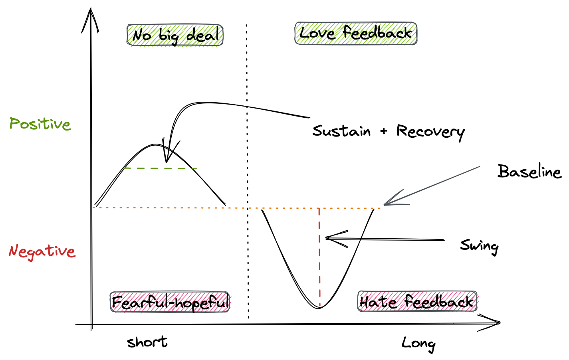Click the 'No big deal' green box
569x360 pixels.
175,35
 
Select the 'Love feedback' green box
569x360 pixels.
355,33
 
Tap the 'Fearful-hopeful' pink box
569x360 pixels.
170,302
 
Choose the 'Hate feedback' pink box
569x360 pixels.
417,301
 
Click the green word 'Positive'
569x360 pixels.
40,124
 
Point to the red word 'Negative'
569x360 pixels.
42,251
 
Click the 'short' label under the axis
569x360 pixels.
147,342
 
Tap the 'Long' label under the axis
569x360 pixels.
418,343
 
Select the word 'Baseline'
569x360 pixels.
529,172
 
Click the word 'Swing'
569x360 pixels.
479,246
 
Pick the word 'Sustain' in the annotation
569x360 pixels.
341,131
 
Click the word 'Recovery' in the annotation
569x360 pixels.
430,132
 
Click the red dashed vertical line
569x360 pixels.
319,255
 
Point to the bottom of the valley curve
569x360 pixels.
319,307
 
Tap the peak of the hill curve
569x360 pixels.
155,144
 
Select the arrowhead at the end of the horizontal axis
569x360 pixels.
497,322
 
